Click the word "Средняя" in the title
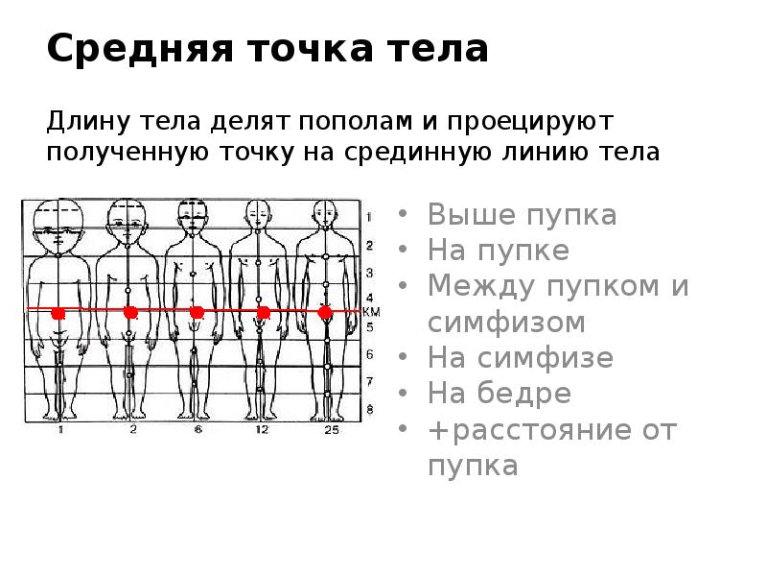coord(123,48)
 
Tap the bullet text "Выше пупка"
coord(522,214)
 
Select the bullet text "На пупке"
coord(498,251)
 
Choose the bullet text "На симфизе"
coord(520,358)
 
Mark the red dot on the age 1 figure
coord(58,313)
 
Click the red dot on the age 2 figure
coord(130,312)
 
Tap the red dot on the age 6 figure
coord(197,312)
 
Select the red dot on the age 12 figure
coord(263,312)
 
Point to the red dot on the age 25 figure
coord(325,312)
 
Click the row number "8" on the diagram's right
coord(369,410)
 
